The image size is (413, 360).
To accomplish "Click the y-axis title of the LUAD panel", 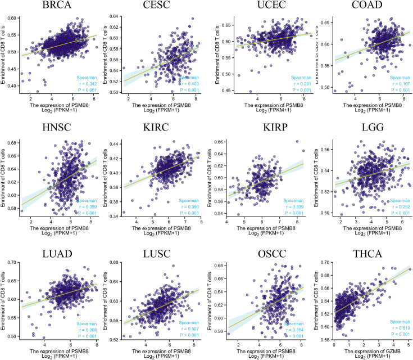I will point(5,299).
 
